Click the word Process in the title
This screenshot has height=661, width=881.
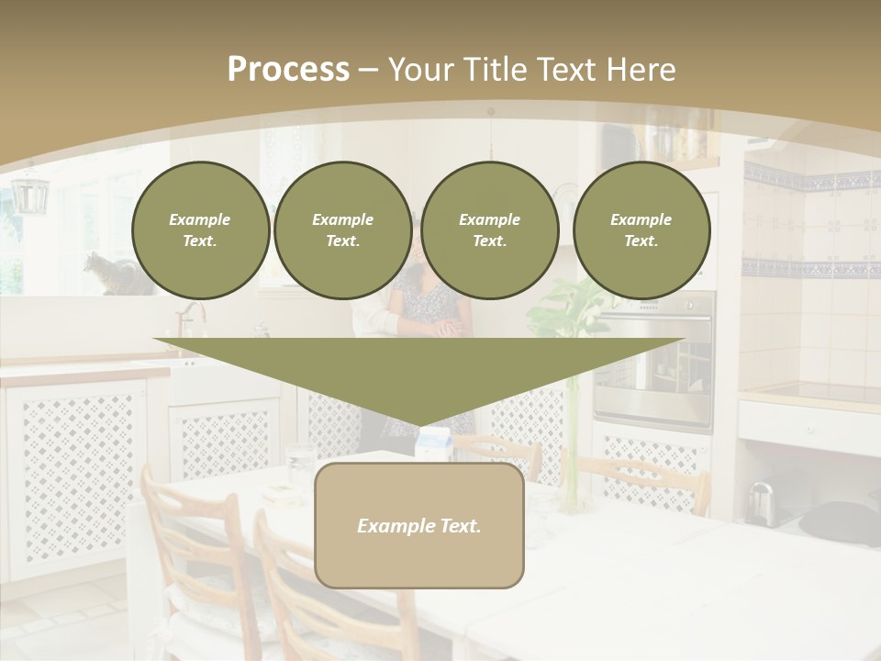point(288,70)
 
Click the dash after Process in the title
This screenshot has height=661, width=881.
point(368,71)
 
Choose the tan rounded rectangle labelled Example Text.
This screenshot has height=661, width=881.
point(419,525)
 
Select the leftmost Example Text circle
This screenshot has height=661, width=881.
point(200,230)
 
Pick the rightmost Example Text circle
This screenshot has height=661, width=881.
point(641,230)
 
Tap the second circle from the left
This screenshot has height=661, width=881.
point(342,230)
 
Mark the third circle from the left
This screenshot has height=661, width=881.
point(489,230)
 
